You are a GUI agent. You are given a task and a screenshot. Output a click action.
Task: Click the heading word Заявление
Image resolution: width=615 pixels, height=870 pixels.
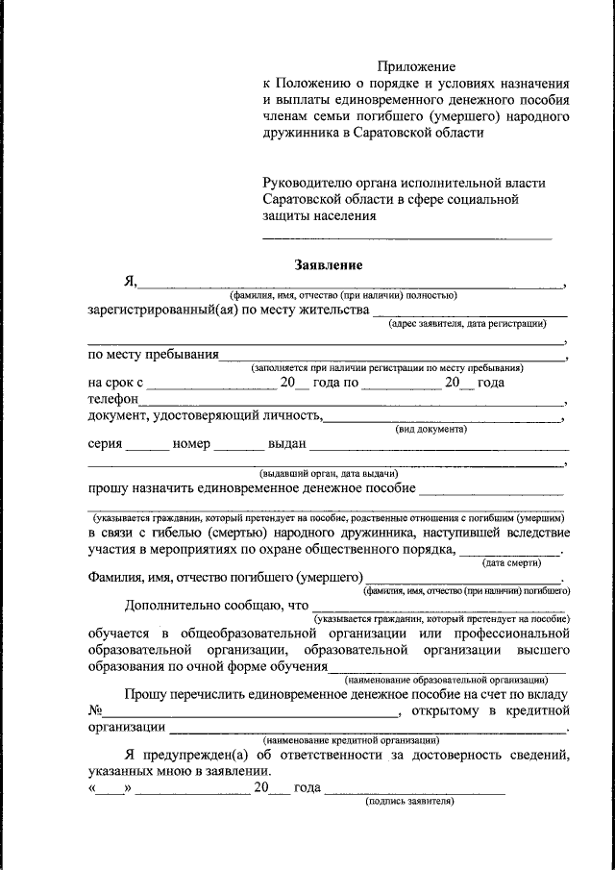(x=328, y=264)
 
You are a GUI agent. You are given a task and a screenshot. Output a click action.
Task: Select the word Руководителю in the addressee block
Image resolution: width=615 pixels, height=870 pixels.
(x=307, y=182)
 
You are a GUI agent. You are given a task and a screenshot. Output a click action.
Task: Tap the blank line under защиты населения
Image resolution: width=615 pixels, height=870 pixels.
(x=407, y=236)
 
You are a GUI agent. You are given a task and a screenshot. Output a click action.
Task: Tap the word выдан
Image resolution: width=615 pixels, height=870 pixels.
(x=287, y=444)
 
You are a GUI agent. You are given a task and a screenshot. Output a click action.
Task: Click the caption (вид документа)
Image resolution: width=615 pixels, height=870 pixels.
(x=431, y=429)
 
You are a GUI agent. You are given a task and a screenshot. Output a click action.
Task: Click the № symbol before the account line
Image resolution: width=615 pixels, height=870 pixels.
(x=95, y=711)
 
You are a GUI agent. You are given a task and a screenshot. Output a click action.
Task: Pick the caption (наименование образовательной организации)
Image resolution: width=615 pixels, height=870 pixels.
(x=447, y=680)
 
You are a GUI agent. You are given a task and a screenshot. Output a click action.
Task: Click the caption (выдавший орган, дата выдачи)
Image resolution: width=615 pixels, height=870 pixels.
(x=329, y=473)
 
